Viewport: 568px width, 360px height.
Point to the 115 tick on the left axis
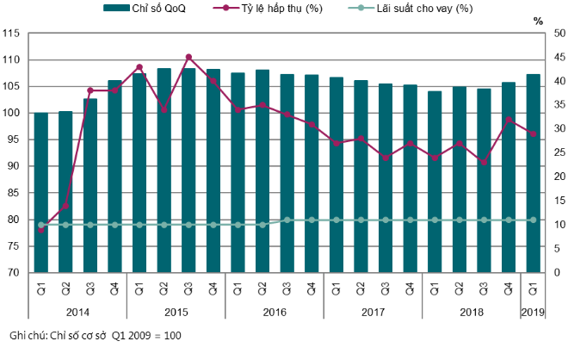coord(11,33)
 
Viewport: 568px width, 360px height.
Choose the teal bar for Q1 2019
coord(533,173)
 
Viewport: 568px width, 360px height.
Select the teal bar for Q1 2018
coord(435,182)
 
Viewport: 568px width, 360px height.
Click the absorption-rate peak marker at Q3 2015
coord(188,57)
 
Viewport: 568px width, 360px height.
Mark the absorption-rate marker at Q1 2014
coord(41,230)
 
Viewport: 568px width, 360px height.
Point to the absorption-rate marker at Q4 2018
coord(509,120)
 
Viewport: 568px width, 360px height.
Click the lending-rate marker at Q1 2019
coord(533,220)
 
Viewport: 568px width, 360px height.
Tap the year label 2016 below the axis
coord(275,311)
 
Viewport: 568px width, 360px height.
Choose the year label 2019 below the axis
coord(533,311)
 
